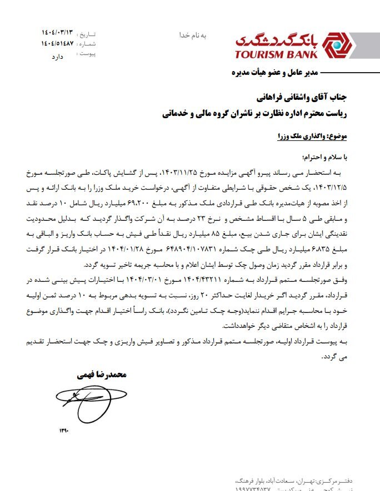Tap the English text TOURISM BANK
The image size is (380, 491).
click(276, 55)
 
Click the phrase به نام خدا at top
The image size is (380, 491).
click(192, 35)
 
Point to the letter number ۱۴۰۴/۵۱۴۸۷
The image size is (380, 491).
click(56, 43)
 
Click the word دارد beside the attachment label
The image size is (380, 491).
click(57, 56)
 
